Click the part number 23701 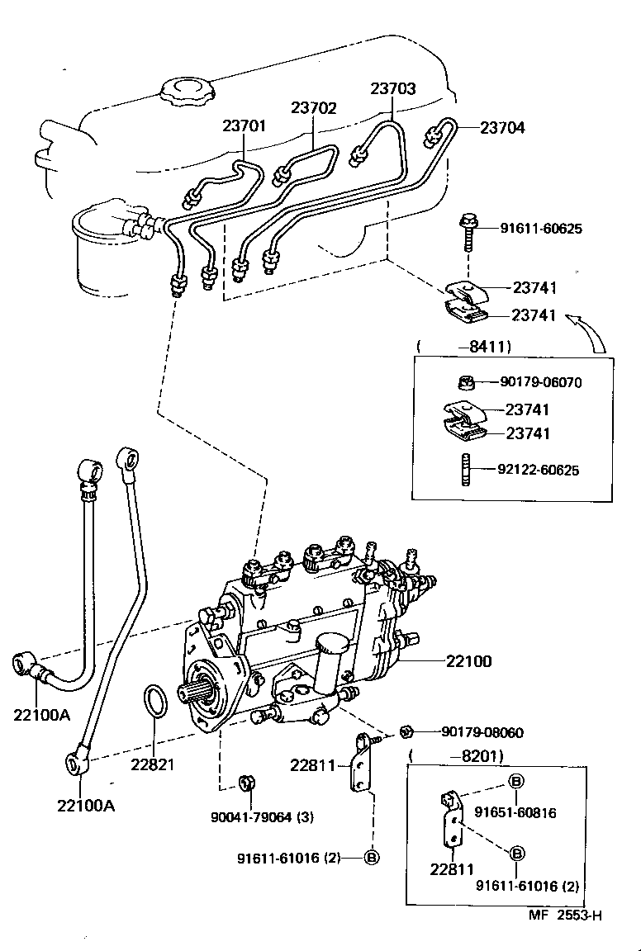point(244,126)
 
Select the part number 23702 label point(313,107)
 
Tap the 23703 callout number point(392,88)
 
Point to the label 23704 point(502,128)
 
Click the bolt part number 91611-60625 point(540,229)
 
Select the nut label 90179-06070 point(540,382)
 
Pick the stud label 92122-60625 point(538,470)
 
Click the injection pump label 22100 point(468,661)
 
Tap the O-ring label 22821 point(152,764)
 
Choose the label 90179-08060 point(482,732)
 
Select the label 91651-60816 point(515,812)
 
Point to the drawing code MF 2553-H point(566,915)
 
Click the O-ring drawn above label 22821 point(154,701)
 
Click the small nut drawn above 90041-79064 point(245,781)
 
